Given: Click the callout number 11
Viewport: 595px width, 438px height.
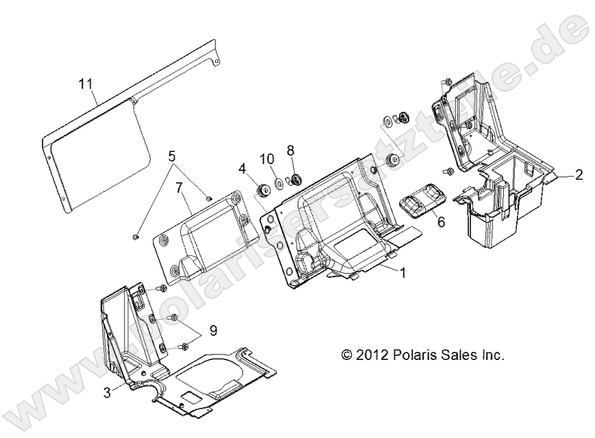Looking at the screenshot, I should point(85,85).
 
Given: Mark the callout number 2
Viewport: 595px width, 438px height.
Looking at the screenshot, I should point(579,174).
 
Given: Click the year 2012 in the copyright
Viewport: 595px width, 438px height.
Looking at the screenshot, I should point(373,355).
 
